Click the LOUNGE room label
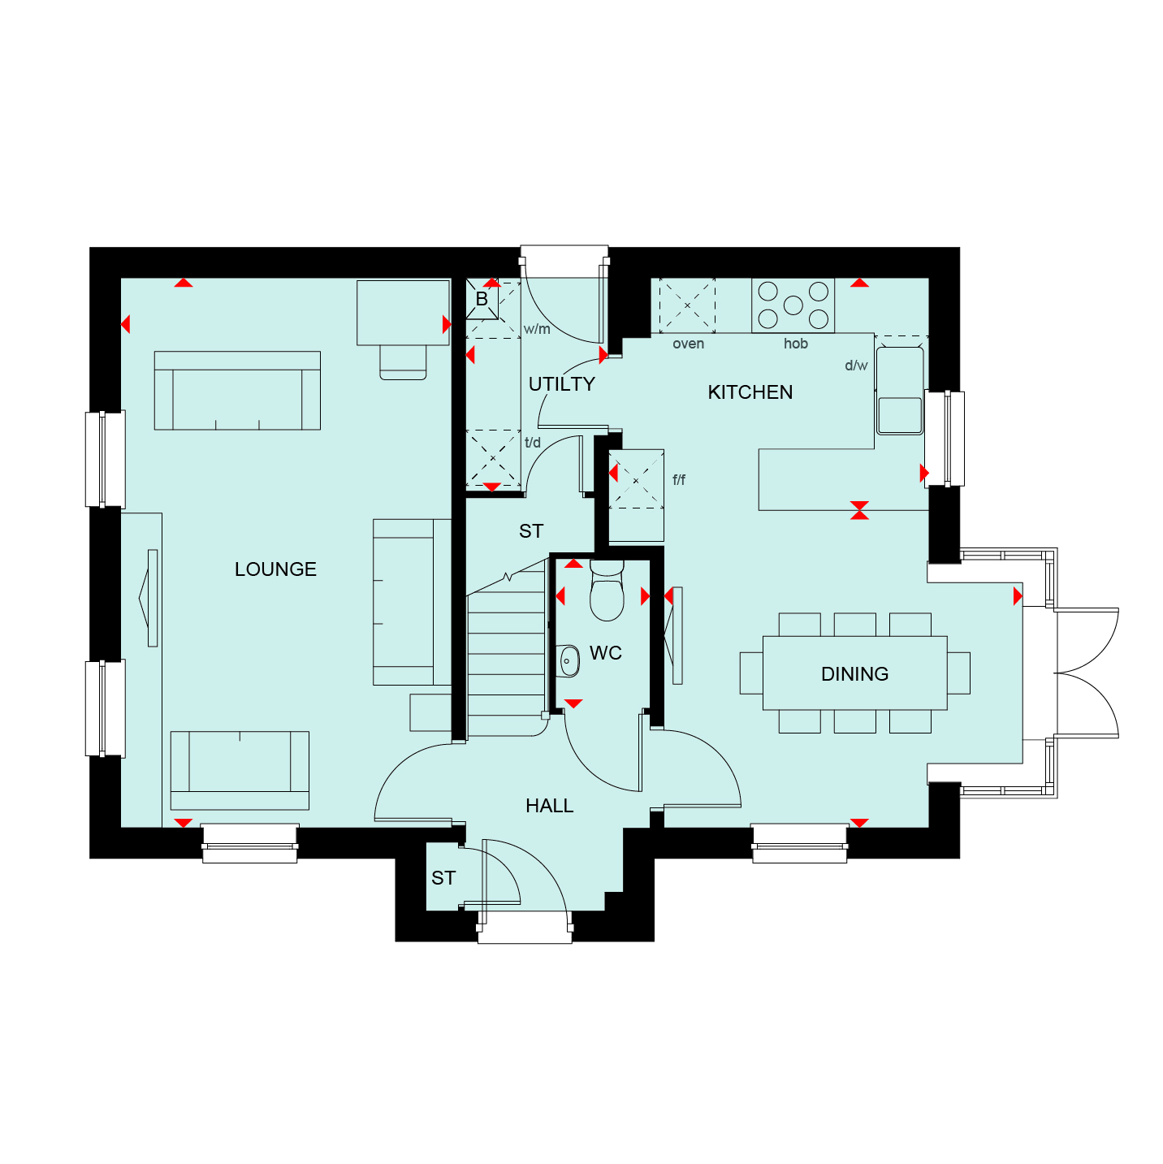(275, 569)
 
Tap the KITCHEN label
(750, 392)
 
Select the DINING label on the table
(854, 674)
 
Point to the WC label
(605, 653)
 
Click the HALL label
(549, 806)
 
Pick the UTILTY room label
(561, 384)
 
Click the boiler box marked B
(482, 299)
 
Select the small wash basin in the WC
(569, 661)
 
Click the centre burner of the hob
(793, 305)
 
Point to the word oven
(688, 344)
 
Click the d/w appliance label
(855, 366)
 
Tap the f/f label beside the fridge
(678, 479)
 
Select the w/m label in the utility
(537, 329)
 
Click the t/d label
(532, 443)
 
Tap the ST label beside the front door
(443, 878)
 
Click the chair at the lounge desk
(402, 362)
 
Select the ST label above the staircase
(531, 531)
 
